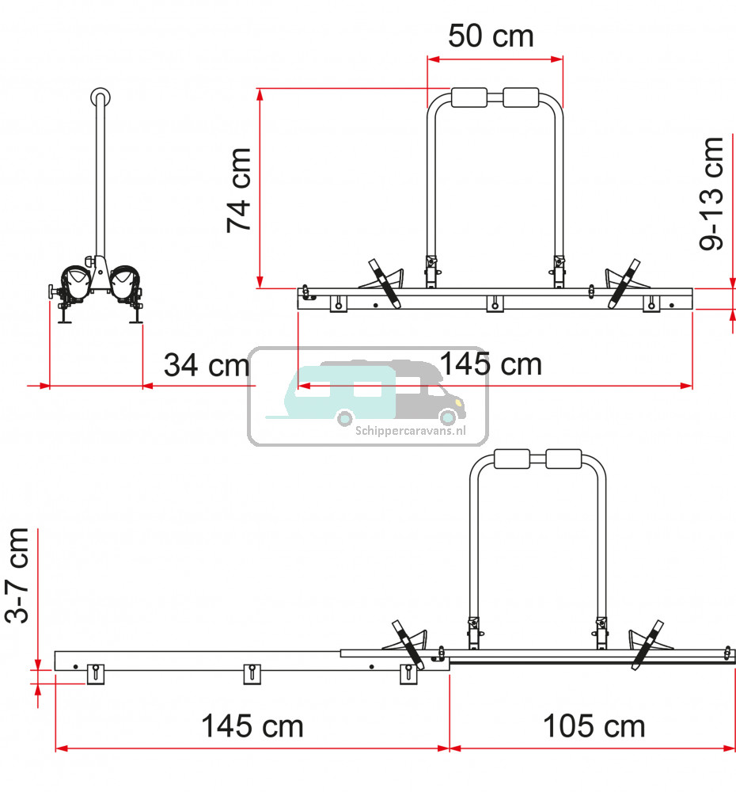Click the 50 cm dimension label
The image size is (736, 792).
click(491, 36)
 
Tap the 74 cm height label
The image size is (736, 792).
click(239, 190)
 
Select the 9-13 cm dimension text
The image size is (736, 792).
click(711, 193)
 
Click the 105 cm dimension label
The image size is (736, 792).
click(594, 726)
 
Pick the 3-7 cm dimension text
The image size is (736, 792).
click(17, 575)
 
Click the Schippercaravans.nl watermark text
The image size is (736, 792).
click(411, 431)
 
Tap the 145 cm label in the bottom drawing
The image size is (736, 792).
click(252, 726)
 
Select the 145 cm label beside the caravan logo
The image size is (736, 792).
click(491, 364)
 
